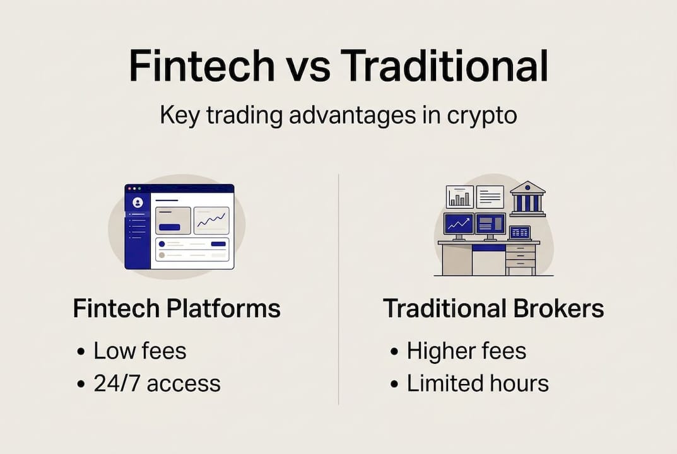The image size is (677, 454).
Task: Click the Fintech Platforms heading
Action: click(x=177, y=309)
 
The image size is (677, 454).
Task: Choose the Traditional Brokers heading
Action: click(x=493, y=309)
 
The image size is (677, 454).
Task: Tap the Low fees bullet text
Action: click(x=139, y=351)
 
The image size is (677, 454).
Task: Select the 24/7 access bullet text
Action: click(x=156, y=383)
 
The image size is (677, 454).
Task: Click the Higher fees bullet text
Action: click(x=466, y=351)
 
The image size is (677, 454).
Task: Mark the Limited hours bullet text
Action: click(x=478, y=383)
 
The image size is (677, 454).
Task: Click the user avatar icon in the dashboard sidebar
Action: click(x=138, y=202)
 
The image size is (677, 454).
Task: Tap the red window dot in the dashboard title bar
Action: click(x=127, y=188)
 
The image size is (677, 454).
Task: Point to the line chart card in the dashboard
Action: click(x=211, y=220)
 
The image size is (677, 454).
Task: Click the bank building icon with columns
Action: click(x=527, y=199)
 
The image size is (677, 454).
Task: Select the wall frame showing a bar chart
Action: click(x=459, y=197)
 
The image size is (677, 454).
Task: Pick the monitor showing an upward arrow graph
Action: click(x=458, y=224)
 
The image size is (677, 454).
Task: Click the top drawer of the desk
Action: click(x=521, y=248)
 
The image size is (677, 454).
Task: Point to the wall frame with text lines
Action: click(x=490, y=197)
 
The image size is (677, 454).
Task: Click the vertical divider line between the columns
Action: click(x=339, y=290)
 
